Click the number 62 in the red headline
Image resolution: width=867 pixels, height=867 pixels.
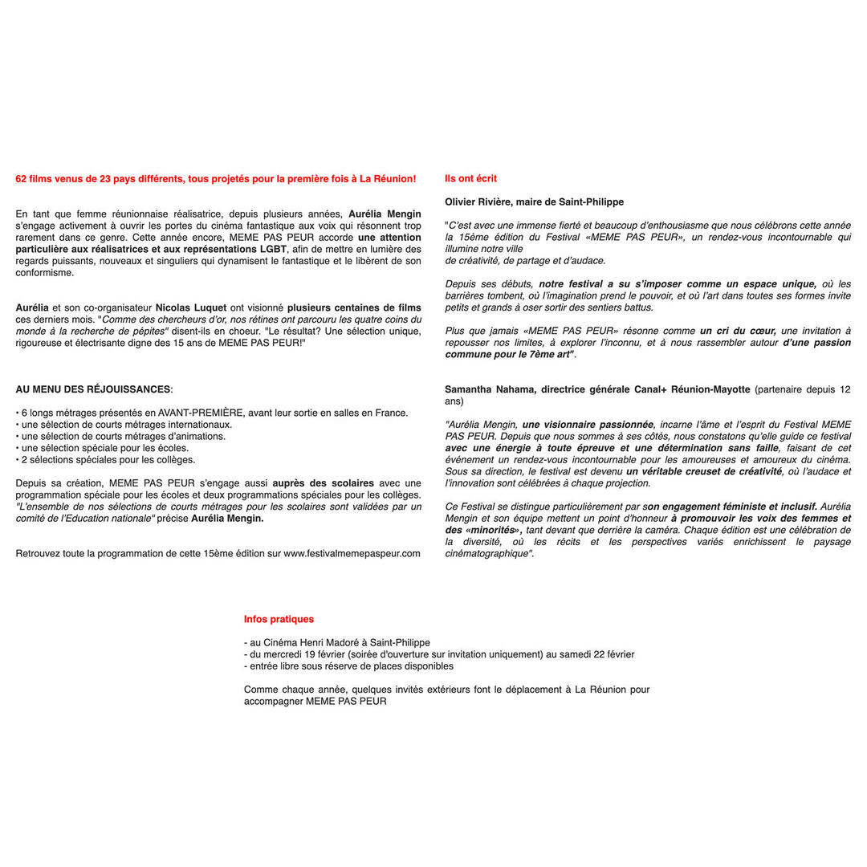tap(22, 179)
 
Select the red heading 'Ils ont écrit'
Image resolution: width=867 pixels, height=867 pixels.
tap(470, 179)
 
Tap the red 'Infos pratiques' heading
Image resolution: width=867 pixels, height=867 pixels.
tap(279, 619)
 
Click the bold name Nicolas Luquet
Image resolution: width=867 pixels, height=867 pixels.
tap(191, 307)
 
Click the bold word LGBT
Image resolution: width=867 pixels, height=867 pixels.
tap(272, 249)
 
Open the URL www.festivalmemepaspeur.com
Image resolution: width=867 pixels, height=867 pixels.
tap(352, 553)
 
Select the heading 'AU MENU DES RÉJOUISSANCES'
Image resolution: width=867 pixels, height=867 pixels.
tap(93, 389)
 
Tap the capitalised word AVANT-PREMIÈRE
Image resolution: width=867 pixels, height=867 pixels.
tap(200, 413)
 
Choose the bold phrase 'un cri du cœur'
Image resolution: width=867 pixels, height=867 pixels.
tap(738, 331)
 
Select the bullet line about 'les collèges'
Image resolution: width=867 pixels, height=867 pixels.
tap(105, 460)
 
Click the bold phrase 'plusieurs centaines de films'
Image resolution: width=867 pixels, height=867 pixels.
tap(354, 307)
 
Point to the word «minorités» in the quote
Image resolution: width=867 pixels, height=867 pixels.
tap(495, 530)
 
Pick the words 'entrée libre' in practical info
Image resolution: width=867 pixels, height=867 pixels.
tap(275, 666)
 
